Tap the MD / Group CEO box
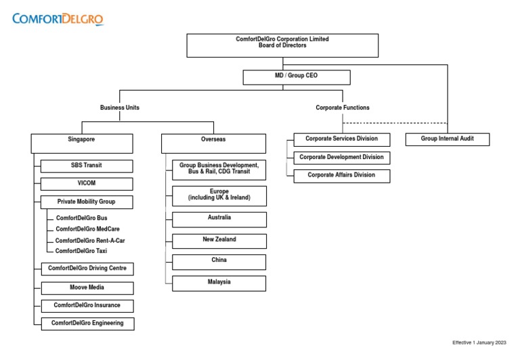[297, 76]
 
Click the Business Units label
[120, 108]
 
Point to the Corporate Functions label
[343, 108]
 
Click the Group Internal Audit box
[447, 139]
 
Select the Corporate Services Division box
[343, 139]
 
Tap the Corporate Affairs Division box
[343, 176]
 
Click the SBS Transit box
[87, 165]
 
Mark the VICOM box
[87, 183]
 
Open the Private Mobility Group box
[87, 202]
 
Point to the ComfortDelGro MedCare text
[87, 229]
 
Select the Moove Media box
[87, 288]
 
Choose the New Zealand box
[219, 240]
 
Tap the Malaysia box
[219, 283]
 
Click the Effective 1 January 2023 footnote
[479, 342]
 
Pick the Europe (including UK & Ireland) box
[219, 196]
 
